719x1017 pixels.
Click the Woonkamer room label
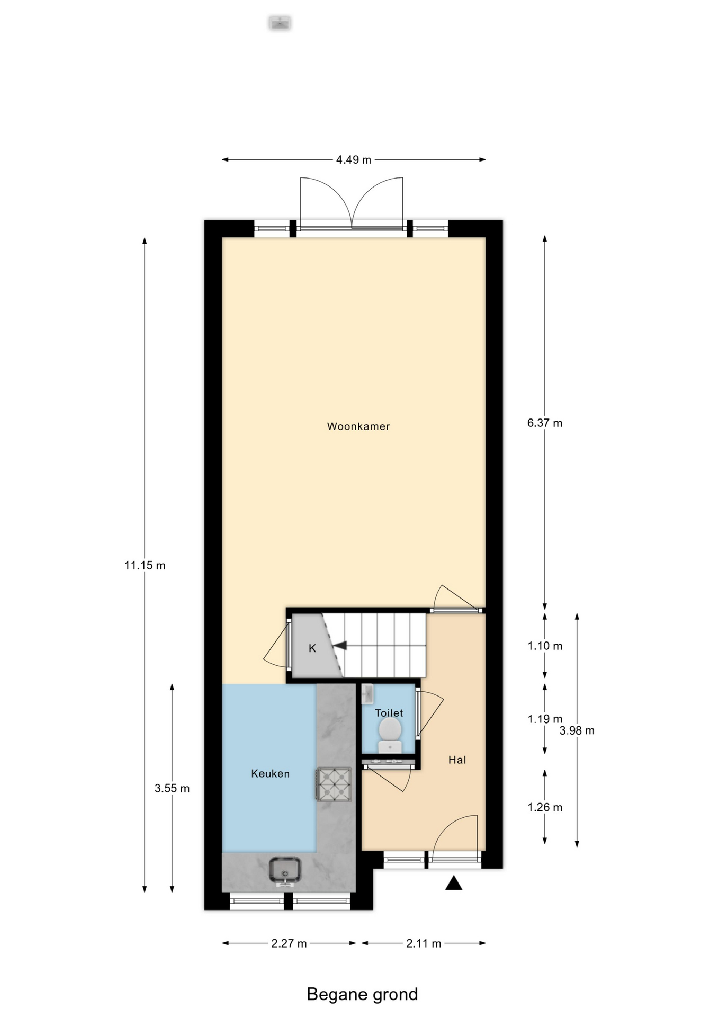pyautogui.click(x=358, y=426)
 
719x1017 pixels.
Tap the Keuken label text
pyautogui.click(x=270, y=774)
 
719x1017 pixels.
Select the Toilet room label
pyautogui.click(x=389, y=713)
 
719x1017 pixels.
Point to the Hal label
pyautogui.click(x=457, y=760)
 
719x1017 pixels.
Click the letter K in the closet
pyautogui.click(x=312, y=648)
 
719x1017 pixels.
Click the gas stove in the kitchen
pyautogui.click(x=334, y=784)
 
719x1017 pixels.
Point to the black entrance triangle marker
pyautogui.click(x=454, y=883)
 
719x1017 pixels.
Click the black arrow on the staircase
pyautogui.click(x=339, y=645)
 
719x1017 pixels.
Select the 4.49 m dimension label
pyautogui.click(x=354, y=159)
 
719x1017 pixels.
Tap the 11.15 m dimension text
pyautogui.click(x=145, y=566)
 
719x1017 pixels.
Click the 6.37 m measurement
pyautogui.click(x=545, y=423)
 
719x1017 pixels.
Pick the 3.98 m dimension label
pyautogui.click(x=577, y=731)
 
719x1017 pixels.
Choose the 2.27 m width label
pyautogui.click(x=289, y=943)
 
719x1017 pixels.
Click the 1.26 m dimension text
pyautogui.click(x=545, y=807)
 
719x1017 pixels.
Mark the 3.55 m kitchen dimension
pyautogui.click(x=172, y=789)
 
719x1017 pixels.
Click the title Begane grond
pyautogui.click(x=362, y=994)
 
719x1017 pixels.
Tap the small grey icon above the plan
pyautogui.click(x=280, y=23)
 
